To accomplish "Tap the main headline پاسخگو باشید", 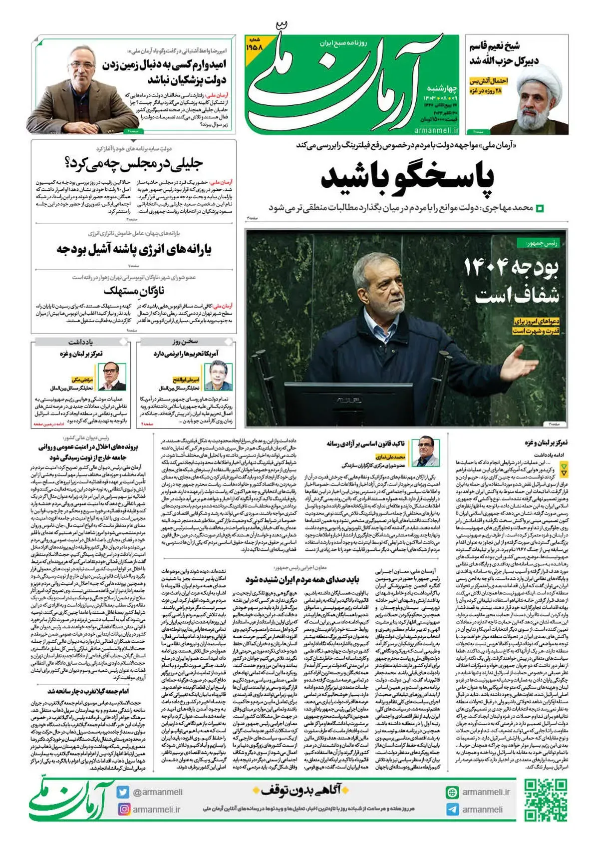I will point(407,177).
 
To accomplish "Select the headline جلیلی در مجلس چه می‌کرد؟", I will point(134,163).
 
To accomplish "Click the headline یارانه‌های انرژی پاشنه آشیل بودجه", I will point(134,249).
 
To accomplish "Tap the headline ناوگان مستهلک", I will point(134,290).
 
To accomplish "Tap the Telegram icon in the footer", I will point(453,810).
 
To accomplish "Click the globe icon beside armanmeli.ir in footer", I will point(453,792).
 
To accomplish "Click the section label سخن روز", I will point(185,342).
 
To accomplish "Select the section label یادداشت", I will point(81,342).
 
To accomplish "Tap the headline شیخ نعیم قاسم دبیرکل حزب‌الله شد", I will point(504,53).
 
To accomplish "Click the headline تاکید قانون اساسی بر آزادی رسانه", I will point(365,443).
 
